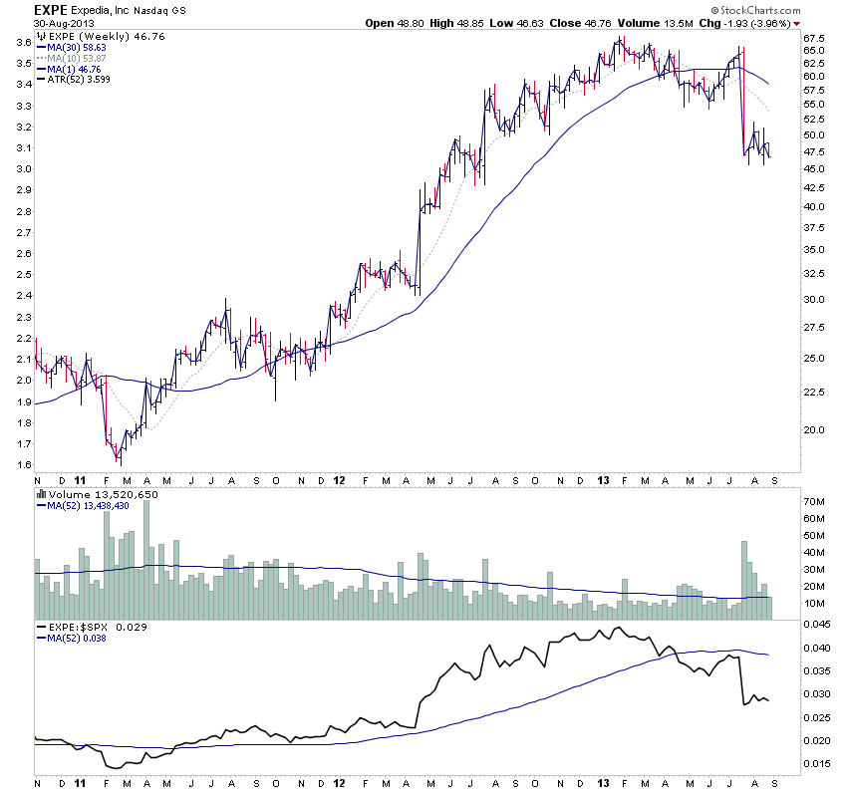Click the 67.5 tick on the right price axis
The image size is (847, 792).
pos(815,38)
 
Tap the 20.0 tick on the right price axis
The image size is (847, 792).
pos(815,430)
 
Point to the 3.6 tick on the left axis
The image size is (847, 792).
pos(20,43)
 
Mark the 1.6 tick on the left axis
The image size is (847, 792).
pos(20,465)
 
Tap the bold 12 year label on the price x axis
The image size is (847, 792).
pos(340,479)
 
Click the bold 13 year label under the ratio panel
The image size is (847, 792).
pos(605,783)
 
